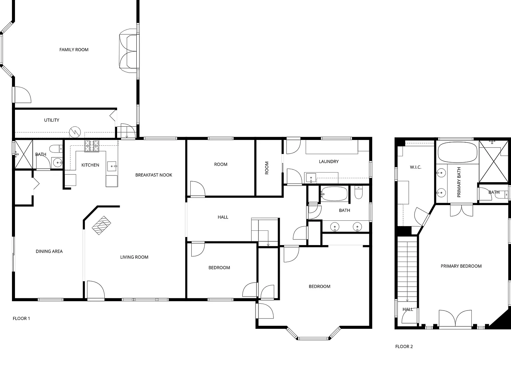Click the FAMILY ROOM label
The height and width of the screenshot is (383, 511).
tap(74, 50)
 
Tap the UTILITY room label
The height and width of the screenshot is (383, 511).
tap(52, 120)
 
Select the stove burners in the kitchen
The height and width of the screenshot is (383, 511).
tap(92, 146)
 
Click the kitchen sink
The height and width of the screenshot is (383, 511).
tap(112, 166)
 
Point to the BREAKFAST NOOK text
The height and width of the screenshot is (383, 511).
tap(154, 175)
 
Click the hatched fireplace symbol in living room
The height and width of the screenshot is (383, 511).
tap(101, 225)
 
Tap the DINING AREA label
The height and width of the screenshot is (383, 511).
tap(49, 251)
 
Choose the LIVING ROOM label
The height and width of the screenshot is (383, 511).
tap(134, 257)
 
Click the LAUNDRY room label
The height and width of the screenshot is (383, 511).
tap(329, 162)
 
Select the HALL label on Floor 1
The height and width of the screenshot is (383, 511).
tap(223, 217)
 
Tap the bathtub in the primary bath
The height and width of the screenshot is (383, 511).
tap(457, 152)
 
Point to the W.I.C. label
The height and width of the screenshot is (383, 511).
tap(416, 167)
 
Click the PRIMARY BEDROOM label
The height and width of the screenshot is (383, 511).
tap(461, 266)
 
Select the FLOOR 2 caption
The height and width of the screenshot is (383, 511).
tap(404, 347)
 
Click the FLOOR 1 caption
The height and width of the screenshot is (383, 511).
tap(21, 319)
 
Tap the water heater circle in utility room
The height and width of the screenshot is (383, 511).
tap(75, 132)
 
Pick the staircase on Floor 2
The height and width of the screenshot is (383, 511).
tap(407, 269)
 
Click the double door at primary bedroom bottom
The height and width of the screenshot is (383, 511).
tap(455, 319)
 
